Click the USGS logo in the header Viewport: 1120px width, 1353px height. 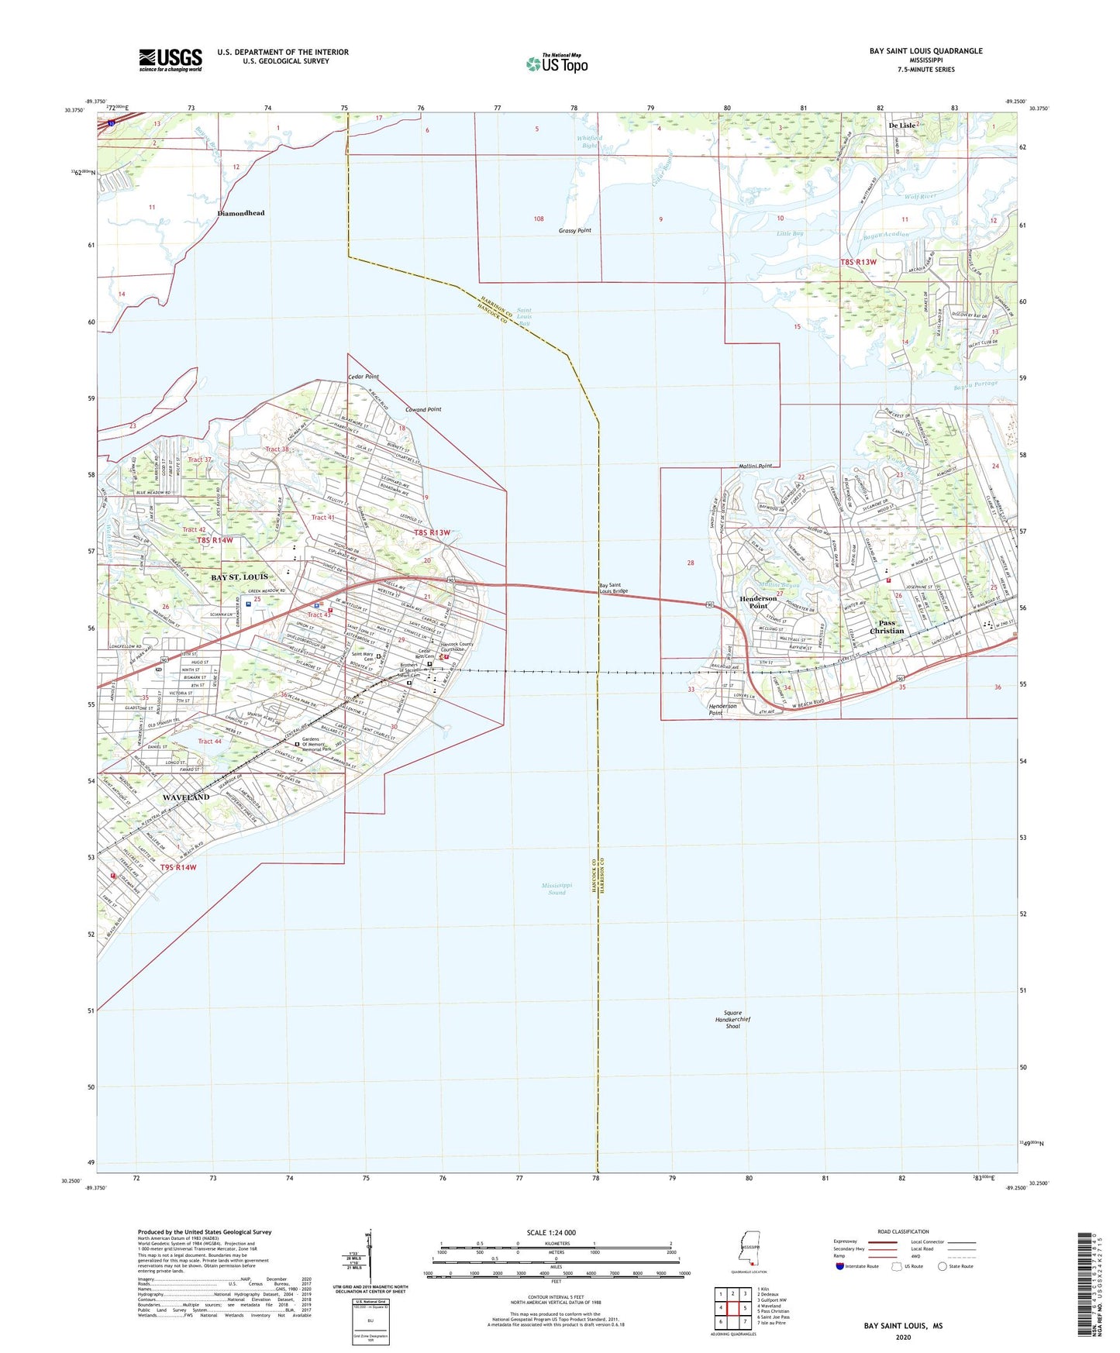(x=171, y=60)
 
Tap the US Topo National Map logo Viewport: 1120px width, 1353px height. (x=557, y=63)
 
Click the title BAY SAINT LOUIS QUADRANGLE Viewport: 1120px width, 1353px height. (x=925, y=51)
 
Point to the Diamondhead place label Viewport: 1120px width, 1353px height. (x=240, y=213)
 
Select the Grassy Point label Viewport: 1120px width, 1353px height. (x=574, y=231)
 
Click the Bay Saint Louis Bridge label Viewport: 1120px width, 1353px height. (x=615, y=588)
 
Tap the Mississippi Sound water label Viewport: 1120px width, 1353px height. (x=557, y=888)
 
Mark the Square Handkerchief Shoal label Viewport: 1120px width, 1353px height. (x=732, y=1019)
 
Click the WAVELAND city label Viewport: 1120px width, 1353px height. (x=186, y=797)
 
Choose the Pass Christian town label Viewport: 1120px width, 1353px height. (x=887, y=626)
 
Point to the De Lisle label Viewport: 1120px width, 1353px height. (x=901, y=125)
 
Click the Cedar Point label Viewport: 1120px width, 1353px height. (x=363, y=377)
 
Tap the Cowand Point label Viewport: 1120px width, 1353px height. (x=423, y=409)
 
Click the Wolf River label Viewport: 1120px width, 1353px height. (x=920, y=197)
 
